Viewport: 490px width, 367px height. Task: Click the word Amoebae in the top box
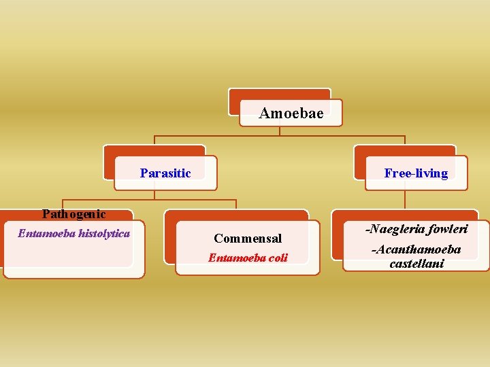291,113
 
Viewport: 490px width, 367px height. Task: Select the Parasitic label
165,173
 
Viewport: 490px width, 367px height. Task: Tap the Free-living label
416,173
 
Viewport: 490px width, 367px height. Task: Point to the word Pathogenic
73,214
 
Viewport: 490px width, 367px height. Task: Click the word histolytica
104,234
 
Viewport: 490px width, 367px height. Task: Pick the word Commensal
248,239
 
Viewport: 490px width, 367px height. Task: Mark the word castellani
416,263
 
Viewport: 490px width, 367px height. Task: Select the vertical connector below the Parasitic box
154,194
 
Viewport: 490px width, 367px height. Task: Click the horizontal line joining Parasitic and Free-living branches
280,137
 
